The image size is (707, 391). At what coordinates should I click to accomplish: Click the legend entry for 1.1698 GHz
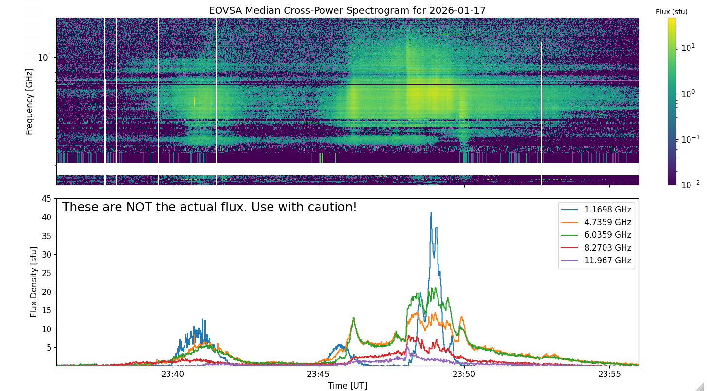click(x=596, y=210)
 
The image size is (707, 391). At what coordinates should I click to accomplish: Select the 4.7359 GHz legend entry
click(x=596, y=222)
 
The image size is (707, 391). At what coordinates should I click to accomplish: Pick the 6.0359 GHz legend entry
click(x=596, y=235)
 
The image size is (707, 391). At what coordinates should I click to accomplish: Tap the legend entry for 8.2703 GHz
click(x=596, y=248)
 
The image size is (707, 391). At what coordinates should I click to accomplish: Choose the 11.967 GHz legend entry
click(x=596, y=261)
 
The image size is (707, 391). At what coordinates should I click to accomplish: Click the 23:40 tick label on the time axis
click(x=172, y=374)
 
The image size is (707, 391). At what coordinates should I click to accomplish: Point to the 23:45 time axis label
click(x=318, y=374)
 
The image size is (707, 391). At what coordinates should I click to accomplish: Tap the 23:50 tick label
click(x=464, y=374)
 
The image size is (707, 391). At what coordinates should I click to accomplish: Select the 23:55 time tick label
click(x=609, y=374)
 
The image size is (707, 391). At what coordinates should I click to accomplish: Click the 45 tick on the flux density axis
click(x=47, y=199)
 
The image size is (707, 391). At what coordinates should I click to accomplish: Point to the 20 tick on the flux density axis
click(x=47, y=292)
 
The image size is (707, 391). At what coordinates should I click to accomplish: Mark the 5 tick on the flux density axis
click(x=49, y=348)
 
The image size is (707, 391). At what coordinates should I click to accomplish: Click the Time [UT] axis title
click(x=347, y=386)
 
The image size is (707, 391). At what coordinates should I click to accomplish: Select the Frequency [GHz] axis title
click(x=29, y=101)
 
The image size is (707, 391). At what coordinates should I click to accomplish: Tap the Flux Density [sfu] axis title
click(x=34, y=282)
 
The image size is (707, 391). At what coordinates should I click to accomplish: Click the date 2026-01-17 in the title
click(x=457, y=10)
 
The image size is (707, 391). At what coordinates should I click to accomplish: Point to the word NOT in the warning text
click(x=137, y=207)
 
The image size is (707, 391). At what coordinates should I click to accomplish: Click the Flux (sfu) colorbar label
click(x=672, y=12)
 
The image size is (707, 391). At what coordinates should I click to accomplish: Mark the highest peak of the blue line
click(x=431, y=212)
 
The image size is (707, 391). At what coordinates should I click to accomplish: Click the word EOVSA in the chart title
click(x=226, y=10)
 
